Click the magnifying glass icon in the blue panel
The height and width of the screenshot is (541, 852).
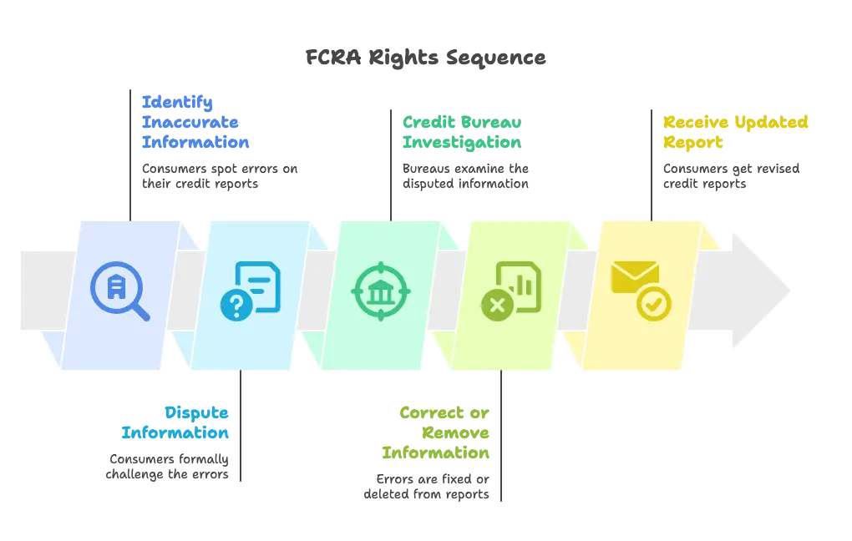pyautogui.click(x=119, y=292)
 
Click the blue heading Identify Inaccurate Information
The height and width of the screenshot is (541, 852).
pyautogui.click(x=195, y=122)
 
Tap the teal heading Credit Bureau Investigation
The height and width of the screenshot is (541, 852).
pyautogui.click(x=461, y=132)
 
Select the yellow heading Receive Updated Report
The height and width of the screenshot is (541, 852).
pyautogui.click(x=735, y=132)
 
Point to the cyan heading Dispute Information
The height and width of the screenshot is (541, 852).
pyautogui.click(x=175, y=422)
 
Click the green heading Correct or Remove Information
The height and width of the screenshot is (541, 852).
pyautogui.click(x=437, y=432)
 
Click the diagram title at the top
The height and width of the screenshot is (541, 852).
pyautogui.click(x=424, y=57)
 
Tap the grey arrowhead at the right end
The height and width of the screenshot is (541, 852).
pyautogui.click(x=760, y=291)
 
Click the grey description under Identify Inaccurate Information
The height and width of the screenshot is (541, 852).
pyautogui.click(x=220, y=176)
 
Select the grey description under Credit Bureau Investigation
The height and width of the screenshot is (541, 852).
pyautogui.click(x=468, y=176)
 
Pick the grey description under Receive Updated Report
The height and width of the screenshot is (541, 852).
pyautogui.click(x=731, y=176)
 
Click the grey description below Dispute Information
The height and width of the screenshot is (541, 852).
pyautogui.click(x=167, y=465)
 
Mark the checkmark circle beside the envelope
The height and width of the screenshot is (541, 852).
pyautogui.click(x=653, y=306)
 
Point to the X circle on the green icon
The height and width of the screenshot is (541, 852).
pyautogui.click(x=496, y=306)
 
